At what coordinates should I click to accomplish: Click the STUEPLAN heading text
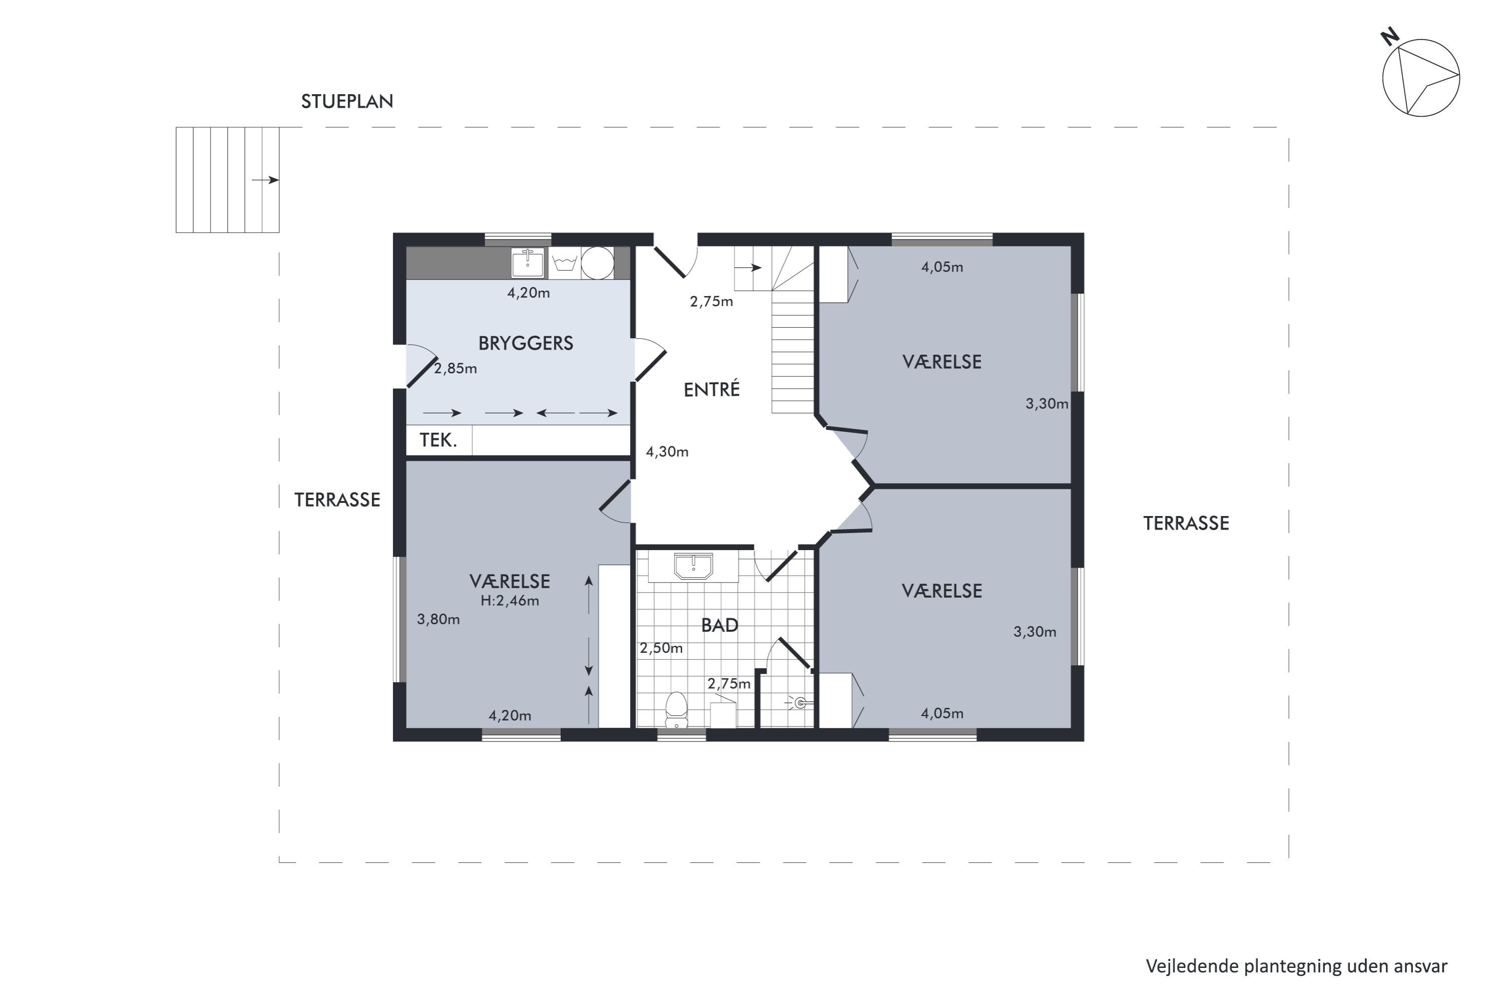point(347,102)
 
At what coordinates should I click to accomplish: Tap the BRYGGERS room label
point(526,343)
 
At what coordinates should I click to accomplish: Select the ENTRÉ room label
point(711,389)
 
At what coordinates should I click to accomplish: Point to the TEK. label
point(438,440)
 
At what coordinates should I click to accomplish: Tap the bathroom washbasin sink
point(693,566)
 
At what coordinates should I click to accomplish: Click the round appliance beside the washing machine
point(598,263)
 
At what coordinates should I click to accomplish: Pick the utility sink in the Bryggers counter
point(528,263)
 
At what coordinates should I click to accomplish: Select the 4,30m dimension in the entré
point(667,452)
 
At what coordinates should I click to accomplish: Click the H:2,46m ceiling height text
point(510,601)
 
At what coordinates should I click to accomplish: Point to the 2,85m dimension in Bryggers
point(455,369)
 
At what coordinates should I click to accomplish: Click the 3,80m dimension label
point(438,619)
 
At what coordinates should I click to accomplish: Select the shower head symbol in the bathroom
point(801,703)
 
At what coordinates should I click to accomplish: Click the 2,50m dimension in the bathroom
point(661,648)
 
